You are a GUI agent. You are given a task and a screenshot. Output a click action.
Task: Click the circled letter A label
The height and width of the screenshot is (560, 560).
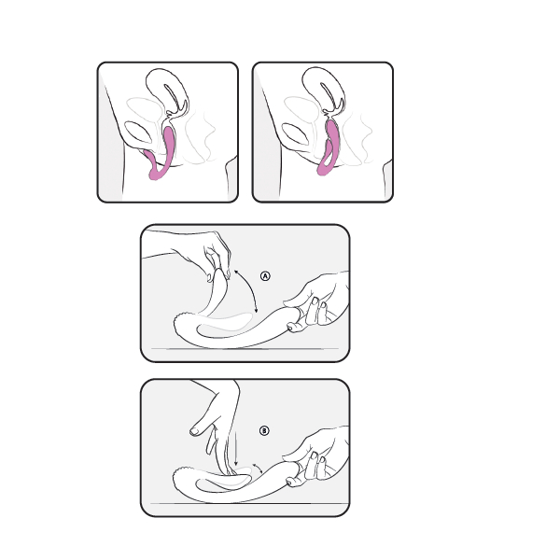coord(265,276)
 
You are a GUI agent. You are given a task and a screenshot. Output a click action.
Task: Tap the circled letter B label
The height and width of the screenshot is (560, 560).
coord(264,430)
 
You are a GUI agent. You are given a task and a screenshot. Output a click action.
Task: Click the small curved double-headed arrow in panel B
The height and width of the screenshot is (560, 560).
coord(259,468)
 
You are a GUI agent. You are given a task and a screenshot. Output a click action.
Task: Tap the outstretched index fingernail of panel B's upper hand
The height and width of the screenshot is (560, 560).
coord(195,431)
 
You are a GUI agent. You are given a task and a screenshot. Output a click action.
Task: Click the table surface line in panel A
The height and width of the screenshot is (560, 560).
coord(245,348)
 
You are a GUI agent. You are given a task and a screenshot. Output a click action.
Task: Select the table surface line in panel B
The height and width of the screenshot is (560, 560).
coord(249,503)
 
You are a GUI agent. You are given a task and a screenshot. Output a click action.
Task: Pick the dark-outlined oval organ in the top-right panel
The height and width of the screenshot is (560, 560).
coord(295,133)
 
